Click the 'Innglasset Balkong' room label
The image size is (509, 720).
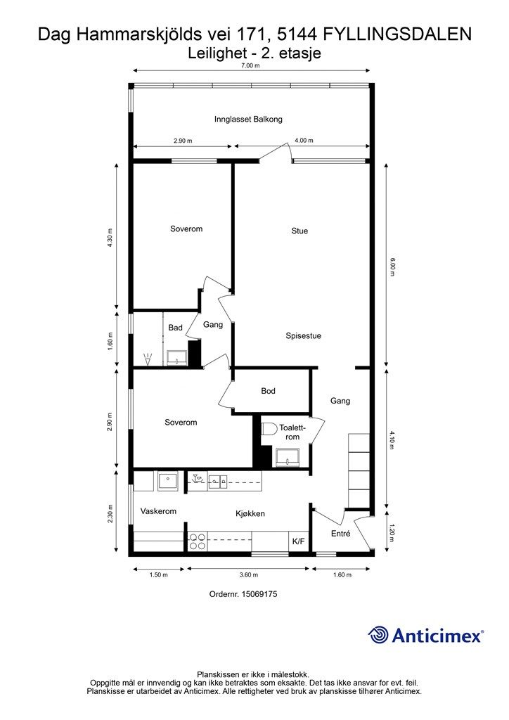pos(248,120)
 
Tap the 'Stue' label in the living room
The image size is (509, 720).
pos(299,231)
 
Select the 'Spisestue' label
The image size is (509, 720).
pos(304,335)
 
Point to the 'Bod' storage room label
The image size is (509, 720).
pos(268,391)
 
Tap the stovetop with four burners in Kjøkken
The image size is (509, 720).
pos(198,541)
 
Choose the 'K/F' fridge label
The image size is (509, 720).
pos(298,542)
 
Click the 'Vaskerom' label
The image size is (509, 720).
pos(158,511)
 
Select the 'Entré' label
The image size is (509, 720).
pos(340,534)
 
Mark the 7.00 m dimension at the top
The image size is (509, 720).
pos(250,65)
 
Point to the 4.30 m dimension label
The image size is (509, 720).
pos(109,238)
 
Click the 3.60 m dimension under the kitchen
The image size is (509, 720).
pos(249,574)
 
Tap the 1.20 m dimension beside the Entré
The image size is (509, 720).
pos(391,533)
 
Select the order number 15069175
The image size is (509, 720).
pos(260,593)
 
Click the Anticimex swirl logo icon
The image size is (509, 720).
pos(378,635)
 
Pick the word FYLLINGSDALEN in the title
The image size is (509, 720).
pos(397,34)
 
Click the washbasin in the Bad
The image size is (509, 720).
pos(176,356)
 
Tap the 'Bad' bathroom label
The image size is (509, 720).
pos(175,328)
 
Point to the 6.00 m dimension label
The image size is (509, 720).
pos(392,266)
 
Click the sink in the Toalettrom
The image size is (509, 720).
pos(288,457)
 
